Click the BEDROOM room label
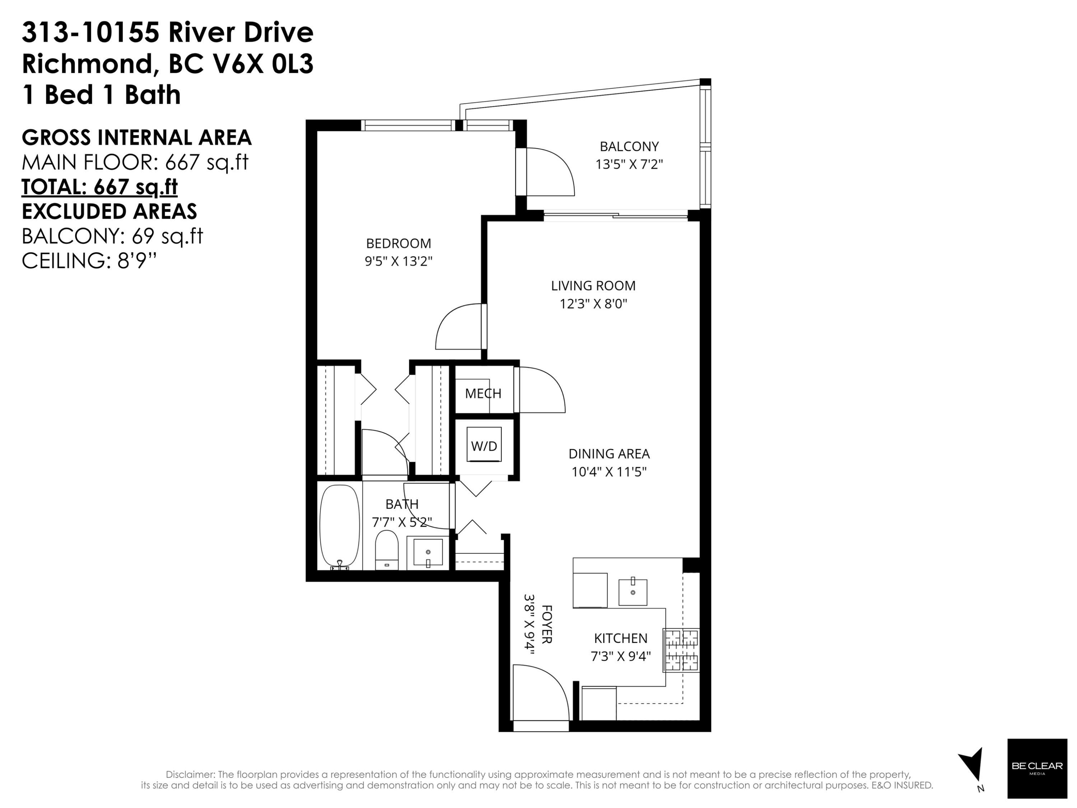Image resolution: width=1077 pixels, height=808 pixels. tap(398, 243)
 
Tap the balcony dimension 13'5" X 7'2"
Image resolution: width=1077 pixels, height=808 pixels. tap(629, 164)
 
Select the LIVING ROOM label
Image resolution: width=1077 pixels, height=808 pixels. tap(593, 286)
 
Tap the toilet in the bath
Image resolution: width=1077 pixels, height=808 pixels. tap(387, 551)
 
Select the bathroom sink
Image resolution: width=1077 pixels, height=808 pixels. tap(428, 552)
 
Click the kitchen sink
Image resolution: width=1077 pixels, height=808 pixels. tap(633, 592)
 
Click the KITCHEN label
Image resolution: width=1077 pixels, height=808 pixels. tap(620, 638)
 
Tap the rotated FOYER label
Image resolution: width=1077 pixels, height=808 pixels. tap(546, 624)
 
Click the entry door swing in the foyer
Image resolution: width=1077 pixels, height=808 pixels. tap(540, 694)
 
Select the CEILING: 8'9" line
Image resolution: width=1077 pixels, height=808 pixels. tap(89, 261)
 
